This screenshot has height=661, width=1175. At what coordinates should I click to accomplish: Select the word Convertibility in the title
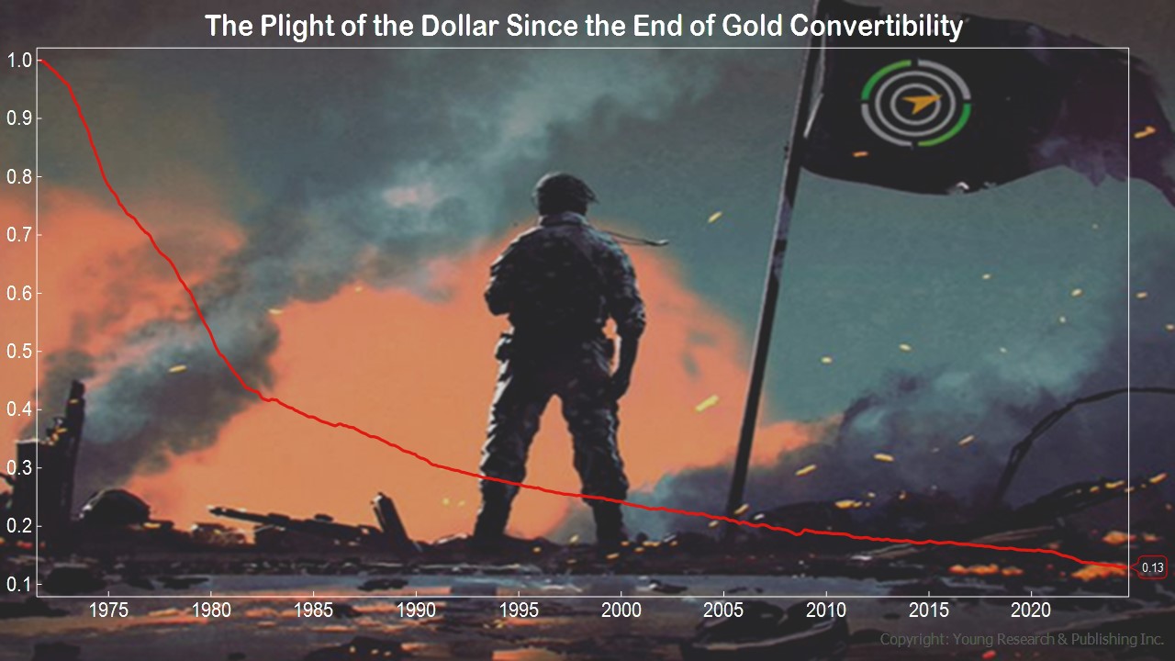pos(876,28)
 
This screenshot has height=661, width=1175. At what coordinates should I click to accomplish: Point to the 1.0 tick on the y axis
pos(20,61)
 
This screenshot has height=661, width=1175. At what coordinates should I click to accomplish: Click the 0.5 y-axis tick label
pos(20,351)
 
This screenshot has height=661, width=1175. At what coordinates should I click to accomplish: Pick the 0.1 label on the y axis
pos(20,584)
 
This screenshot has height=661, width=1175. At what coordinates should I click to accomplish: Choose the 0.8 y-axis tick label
pos(20,177)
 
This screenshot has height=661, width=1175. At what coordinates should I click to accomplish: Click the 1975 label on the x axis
pos(108,611)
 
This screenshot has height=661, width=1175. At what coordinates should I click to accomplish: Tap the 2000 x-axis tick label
pos(621,611)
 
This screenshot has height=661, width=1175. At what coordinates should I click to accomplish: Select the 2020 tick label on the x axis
pos(1031,611)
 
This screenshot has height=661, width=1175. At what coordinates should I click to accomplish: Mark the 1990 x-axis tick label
pos(416,611)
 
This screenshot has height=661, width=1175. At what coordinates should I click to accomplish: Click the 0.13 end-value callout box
pos(1151,567)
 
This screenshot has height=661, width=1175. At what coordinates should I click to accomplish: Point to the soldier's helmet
pos(564,192)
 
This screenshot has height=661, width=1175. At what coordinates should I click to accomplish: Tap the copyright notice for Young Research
pos(1022,639)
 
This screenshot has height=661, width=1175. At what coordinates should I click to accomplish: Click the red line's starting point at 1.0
pos(40,61)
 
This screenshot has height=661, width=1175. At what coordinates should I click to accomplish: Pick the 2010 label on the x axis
pos(826,611)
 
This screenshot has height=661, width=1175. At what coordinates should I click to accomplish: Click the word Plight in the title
pos(297,28)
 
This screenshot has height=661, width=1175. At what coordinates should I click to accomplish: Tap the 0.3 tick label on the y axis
pos(20,467)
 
